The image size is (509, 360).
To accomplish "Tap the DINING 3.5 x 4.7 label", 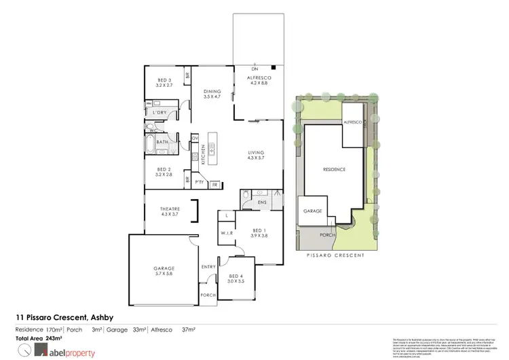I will (x=213, y=94).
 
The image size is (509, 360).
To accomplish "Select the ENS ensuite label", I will (x=263, y=202).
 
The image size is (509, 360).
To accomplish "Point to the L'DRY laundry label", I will (x=160, y=111).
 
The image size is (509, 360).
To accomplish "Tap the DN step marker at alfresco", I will (x=254, y=69).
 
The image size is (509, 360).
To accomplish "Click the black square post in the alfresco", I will (x=272, y=68).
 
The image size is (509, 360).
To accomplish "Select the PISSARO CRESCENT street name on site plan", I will (x=335, y=255).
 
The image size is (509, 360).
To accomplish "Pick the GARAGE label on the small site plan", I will (x=312, y=211).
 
